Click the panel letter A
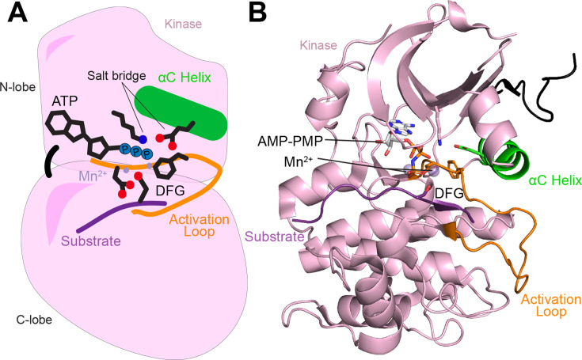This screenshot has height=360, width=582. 15,14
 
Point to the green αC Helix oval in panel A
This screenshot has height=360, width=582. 181,110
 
